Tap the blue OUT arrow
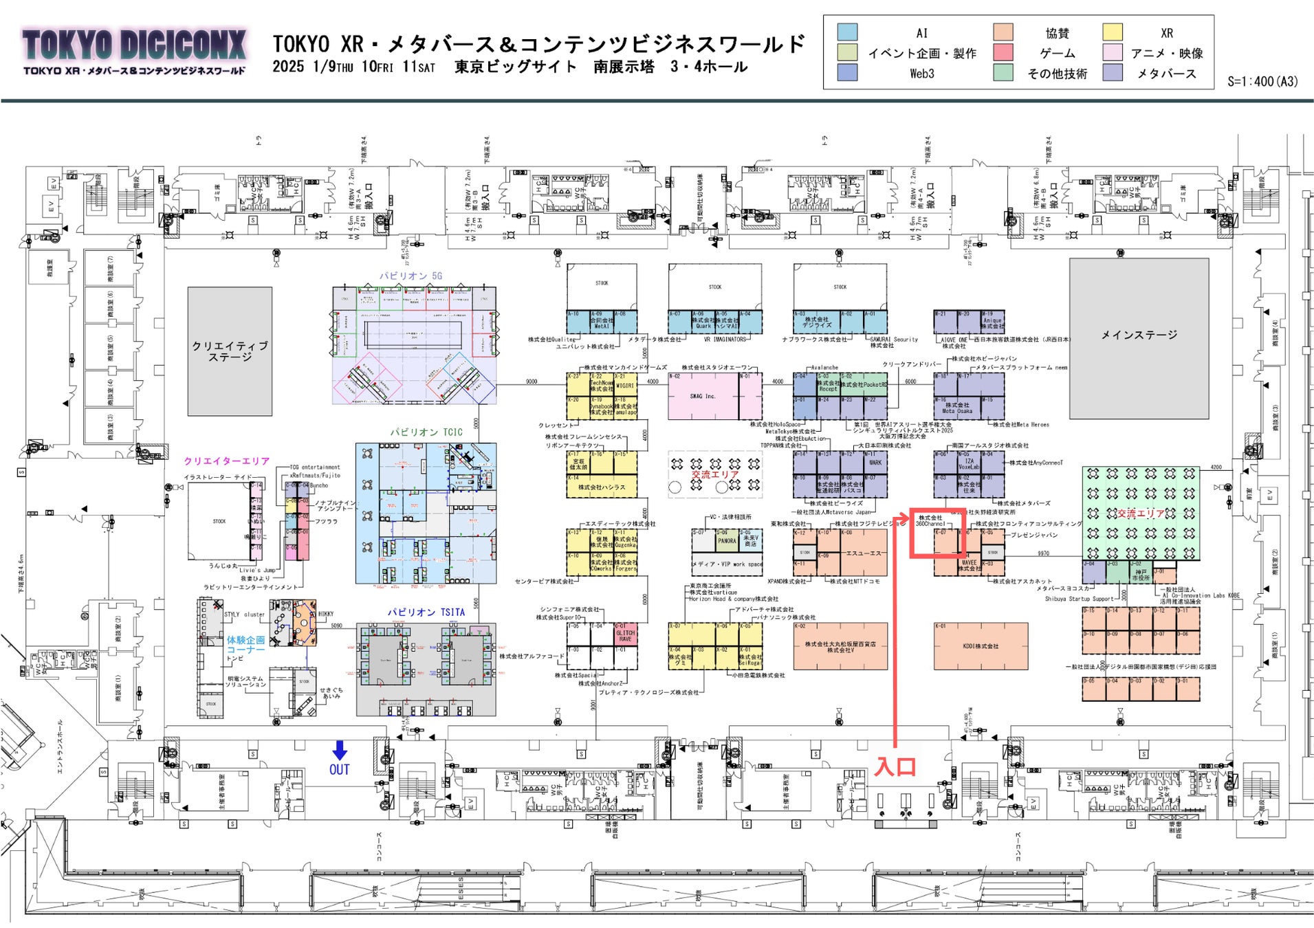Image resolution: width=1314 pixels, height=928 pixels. (x=340, y=751)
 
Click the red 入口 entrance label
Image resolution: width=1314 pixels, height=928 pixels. (x=895, y=766)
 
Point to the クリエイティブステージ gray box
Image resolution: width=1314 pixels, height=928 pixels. (x=230, y=351)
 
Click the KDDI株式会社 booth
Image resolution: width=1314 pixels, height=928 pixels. (x=981, y=646)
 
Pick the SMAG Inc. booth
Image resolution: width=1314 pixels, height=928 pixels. (x=703, y=397)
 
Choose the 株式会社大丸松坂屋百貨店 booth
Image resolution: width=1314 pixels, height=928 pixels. (x=840, y=646)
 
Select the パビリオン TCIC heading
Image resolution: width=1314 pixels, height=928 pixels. (x=426, y=432)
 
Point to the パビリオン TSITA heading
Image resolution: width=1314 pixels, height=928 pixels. (x=426, y=612)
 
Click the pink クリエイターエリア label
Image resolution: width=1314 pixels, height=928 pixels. (x=226, y=461)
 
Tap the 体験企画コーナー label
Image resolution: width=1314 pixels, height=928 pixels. (x=245, y=645)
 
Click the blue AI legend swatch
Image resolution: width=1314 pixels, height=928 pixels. (x=847, y=32)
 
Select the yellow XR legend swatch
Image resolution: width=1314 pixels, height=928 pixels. (x=1112, y=32)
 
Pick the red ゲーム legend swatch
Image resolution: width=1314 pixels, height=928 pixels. (x=1003, y=52)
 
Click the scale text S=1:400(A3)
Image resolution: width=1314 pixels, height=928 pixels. (x=1262, y=81)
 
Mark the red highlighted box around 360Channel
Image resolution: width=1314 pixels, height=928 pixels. (x=938, y=533)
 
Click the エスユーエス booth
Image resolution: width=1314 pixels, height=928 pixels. (x=863, y=553)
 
